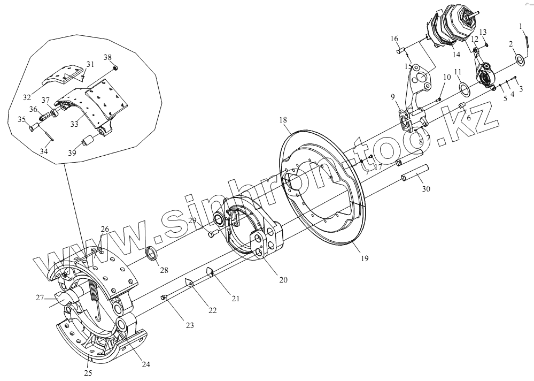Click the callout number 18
coord(283,121)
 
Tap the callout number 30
coord(425,188)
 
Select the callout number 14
coord(456,55)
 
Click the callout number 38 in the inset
coord(107,57)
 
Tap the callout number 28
coord(164,270)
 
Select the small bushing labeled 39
coord(87,143)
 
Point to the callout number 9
coord(393,97)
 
